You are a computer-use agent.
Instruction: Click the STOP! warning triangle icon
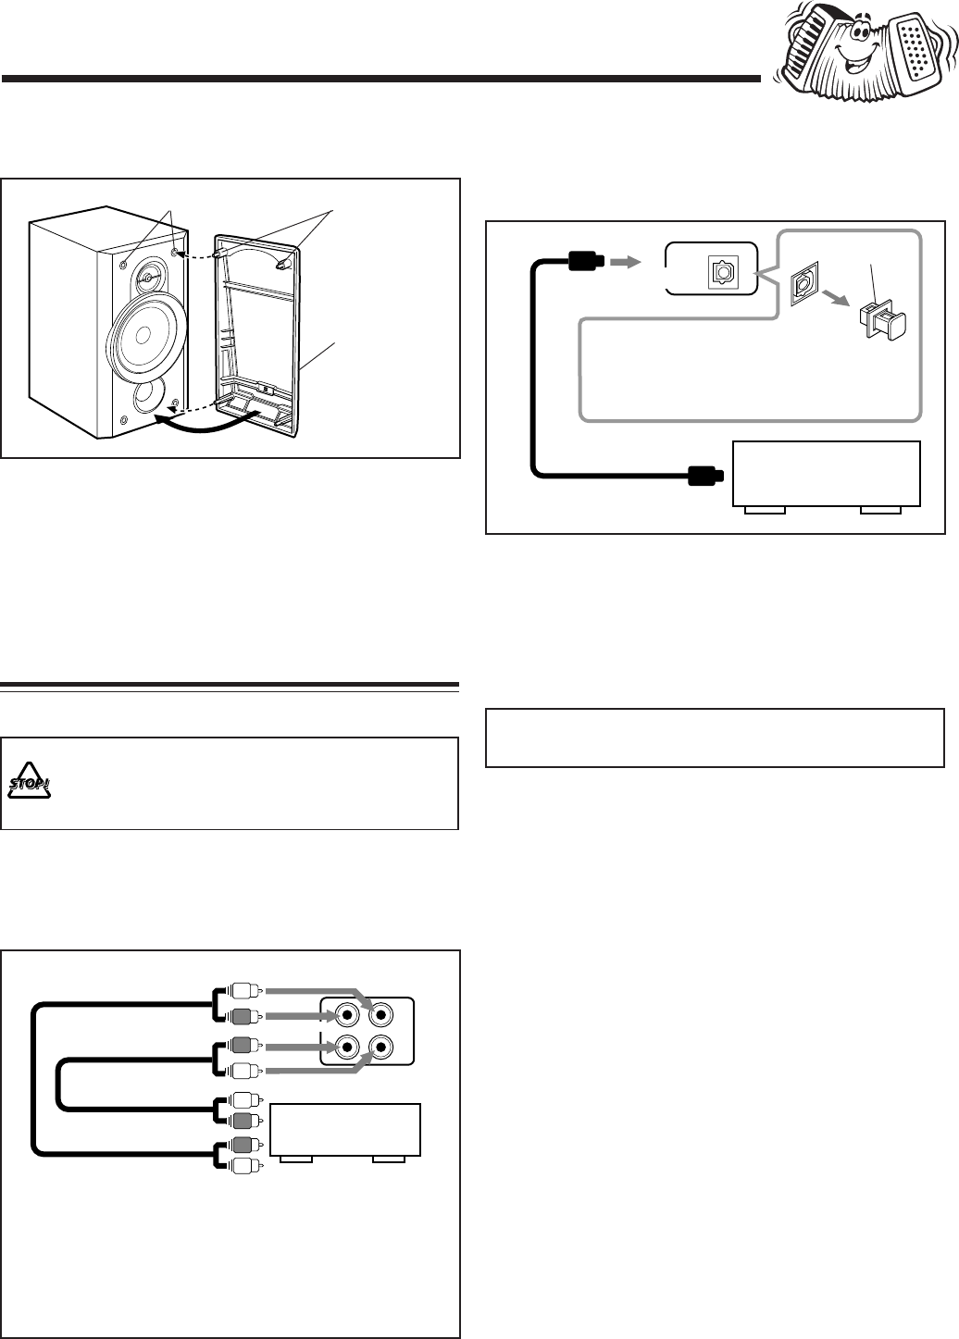29,781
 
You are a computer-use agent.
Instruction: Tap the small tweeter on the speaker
147,278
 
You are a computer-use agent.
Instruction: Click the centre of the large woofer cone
143,336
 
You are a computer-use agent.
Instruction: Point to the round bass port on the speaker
147,398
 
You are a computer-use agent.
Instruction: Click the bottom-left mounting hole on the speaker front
124,420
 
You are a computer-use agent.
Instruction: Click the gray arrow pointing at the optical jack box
626,261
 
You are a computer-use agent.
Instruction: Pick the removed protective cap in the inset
882,321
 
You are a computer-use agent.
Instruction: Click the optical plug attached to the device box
706,476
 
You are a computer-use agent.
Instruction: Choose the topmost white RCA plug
245,992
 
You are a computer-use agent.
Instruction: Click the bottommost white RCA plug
245,1166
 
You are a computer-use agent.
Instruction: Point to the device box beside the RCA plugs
345,1131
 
